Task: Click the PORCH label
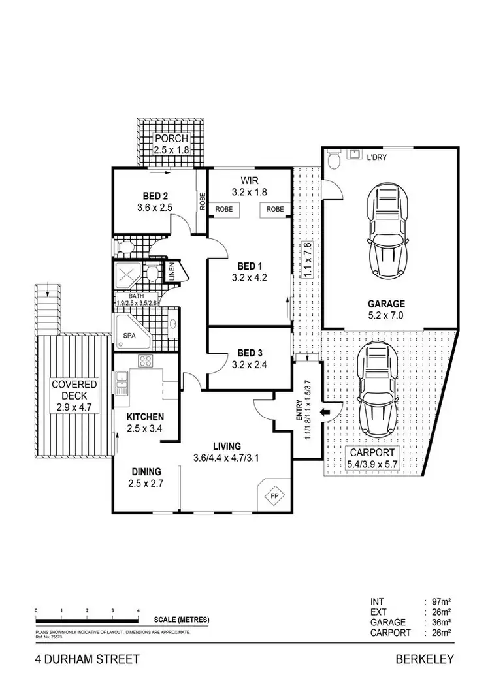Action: click(x=171, y=139)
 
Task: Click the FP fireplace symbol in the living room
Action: click(x=274, y=495)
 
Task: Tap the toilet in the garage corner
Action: click(x=333, y=159)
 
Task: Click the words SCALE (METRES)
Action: click(x=182, y=620)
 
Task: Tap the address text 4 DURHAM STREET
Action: click(x=88, y=659)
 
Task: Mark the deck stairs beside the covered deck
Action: click(x=48, y=306)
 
